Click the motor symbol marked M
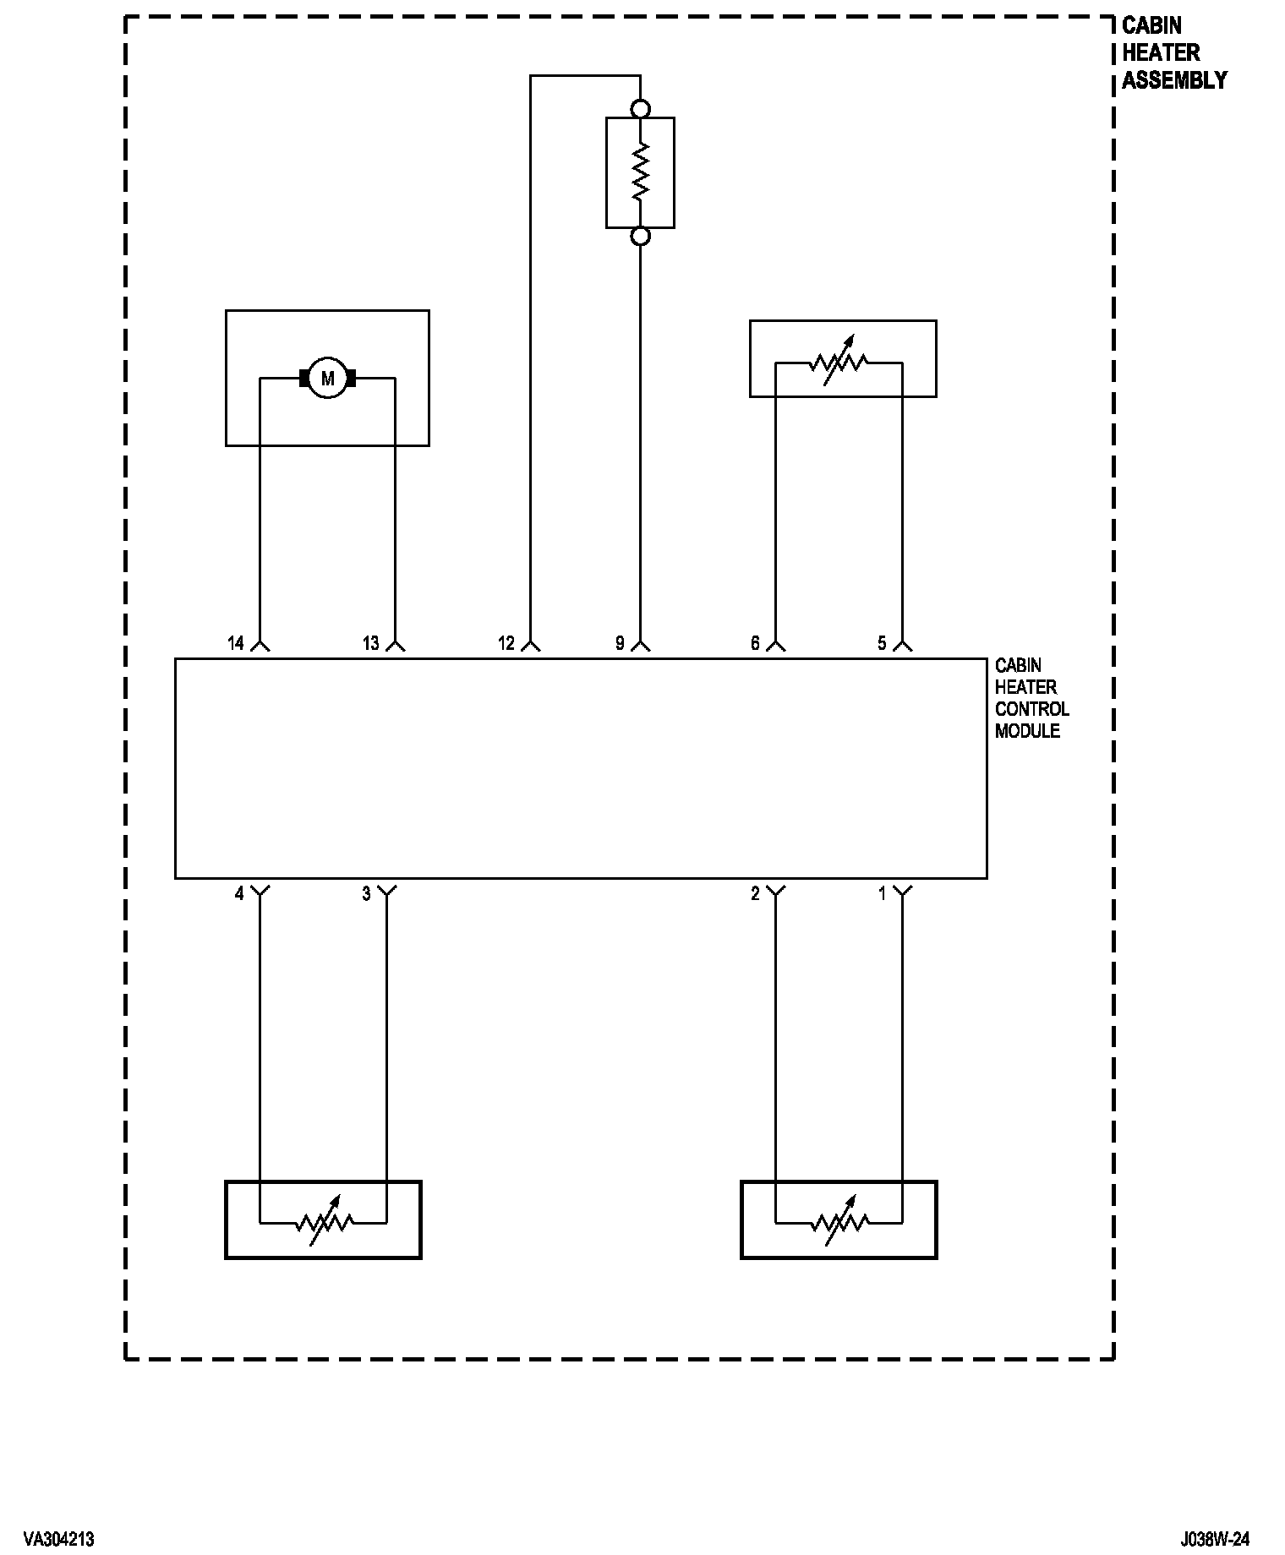tap(327, 379)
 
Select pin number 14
tap(236, 644)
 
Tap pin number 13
tap(371, 644)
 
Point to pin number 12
tap(506, 644)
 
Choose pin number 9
tap(620, 644)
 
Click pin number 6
tap(755, 644)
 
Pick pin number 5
tap(882, 644)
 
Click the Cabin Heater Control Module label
tap(1031, 698)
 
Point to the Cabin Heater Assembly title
tap(1173, 52)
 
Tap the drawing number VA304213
tap(59, 1539)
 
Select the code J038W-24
tap(1215, 1539)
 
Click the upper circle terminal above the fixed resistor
tap(641, 109)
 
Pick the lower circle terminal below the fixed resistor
tap(641, 237)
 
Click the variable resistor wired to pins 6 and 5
tap(839, 363)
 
